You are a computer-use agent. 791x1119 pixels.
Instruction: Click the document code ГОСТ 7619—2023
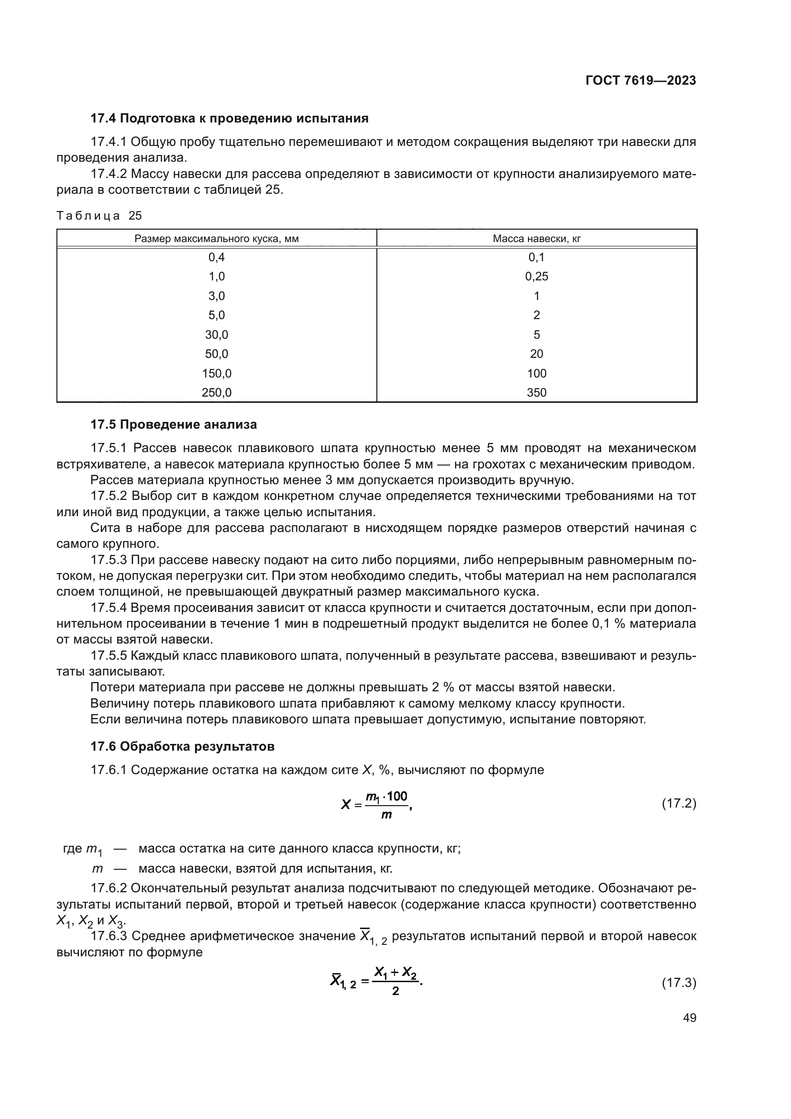(x=640, y=81)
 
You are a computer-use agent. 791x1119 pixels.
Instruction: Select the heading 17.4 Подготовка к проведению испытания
(x=230, y=119)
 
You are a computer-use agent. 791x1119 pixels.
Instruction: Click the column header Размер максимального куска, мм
(x=217, y=239)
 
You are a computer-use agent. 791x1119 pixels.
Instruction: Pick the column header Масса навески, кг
(x=536, y=239)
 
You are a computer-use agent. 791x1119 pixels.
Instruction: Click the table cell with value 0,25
(x=536, y=277)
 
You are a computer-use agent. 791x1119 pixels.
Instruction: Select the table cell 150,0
(x=217, y=374)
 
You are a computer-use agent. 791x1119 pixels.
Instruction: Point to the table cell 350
(x=536, y=393)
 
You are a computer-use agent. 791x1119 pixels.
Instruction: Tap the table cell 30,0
(x=217, y=335)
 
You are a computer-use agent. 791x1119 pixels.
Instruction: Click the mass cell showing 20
(x=536, y=355)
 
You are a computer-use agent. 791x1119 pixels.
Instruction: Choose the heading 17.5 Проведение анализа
(x=174, y=424)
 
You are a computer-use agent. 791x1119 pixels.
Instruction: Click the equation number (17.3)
(x=679, y=982)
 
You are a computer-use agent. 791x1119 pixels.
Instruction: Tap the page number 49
(x=689, y=1018)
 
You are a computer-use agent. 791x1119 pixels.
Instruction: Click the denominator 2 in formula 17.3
(x=395, y=991)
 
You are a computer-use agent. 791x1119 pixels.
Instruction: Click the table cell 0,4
(x=217, y=257)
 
